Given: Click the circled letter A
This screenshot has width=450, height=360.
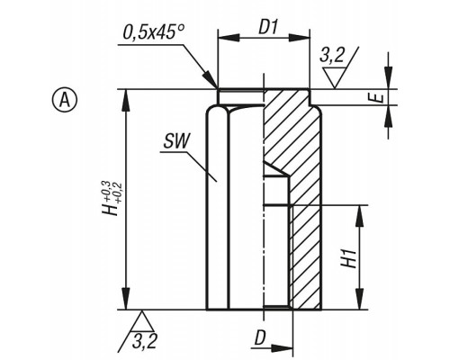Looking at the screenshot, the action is tap(65, 100).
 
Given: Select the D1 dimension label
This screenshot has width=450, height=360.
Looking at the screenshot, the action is tap(268, 28).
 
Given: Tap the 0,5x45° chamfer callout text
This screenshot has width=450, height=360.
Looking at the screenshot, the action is tap(153, 31).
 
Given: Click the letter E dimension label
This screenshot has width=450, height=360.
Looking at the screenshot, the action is tap(379, 98).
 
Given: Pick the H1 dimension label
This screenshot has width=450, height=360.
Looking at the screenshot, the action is tap(349, 258).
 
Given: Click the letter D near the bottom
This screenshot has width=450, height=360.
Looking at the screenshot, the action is tap(260, 338).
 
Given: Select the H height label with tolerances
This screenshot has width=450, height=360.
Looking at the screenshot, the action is tap(111, 198).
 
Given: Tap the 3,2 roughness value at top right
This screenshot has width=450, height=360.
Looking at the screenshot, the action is tap(331, 55).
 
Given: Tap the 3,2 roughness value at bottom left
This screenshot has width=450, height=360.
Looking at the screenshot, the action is tap(144, 341).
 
